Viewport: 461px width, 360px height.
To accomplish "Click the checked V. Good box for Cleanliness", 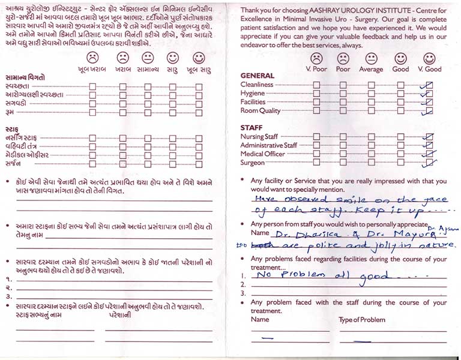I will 427,85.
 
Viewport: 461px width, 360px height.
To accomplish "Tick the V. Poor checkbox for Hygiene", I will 316,94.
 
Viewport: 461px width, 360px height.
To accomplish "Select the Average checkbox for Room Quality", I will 371,111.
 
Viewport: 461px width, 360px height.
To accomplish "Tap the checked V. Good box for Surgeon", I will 428,163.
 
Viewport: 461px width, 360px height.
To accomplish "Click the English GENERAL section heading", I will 257,76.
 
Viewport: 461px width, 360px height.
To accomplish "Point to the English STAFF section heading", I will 252,128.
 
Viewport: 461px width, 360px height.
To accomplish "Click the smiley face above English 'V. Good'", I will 429,58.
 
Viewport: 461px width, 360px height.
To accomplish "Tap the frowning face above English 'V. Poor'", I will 316,58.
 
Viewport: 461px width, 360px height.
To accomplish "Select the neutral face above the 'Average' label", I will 371,58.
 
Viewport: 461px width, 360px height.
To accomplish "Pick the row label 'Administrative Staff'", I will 268,146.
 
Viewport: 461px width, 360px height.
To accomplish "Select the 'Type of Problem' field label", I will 361,320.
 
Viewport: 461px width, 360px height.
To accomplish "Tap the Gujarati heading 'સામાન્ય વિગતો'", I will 25,77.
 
